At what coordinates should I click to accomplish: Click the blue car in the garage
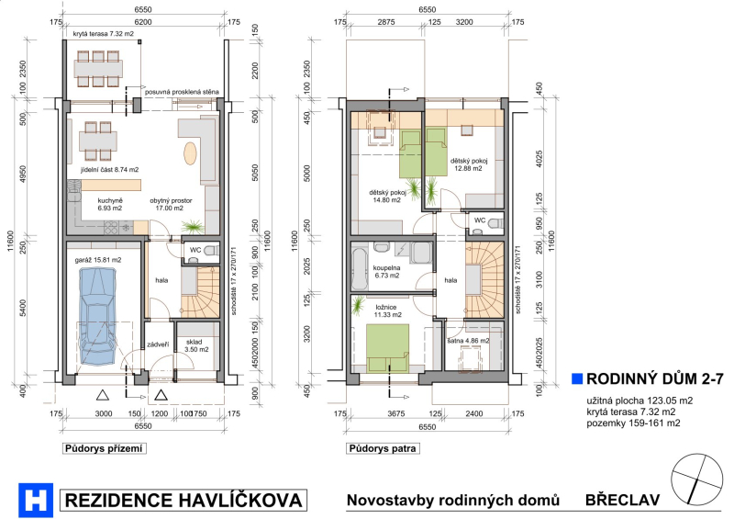pos(97,315)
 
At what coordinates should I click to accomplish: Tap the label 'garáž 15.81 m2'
pos(98,260)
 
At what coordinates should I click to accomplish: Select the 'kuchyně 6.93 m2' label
pos(110,205)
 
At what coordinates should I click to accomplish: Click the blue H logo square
pos(36,500)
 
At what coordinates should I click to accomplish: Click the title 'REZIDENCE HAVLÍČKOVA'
pos(183,501)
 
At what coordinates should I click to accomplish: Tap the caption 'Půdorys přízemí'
pos(104,448)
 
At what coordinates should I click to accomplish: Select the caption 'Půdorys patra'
pos(382,448)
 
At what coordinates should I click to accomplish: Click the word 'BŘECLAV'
pos(623,500)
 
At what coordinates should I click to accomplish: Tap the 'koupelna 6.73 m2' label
pos(386,272)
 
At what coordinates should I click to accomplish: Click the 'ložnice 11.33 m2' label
pos(387,311)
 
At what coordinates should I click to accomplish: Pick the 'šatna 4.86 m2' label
pos(468,341)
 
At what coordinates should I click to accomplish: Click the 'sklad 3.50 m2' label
pos(197,345)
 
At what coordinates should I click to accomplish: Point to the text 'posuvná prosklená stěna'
pos(182,92)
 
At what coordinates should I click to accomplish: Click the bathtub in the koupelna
pos(359,269)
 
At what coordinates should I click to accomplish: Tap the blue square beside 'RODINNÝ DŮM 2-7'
pos(577,378)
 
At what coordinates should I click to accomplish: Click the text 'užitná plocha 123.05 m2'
pos(639,401)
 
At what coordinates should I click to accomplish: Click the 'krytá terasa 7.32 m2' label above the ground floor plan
pos(104,34)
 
